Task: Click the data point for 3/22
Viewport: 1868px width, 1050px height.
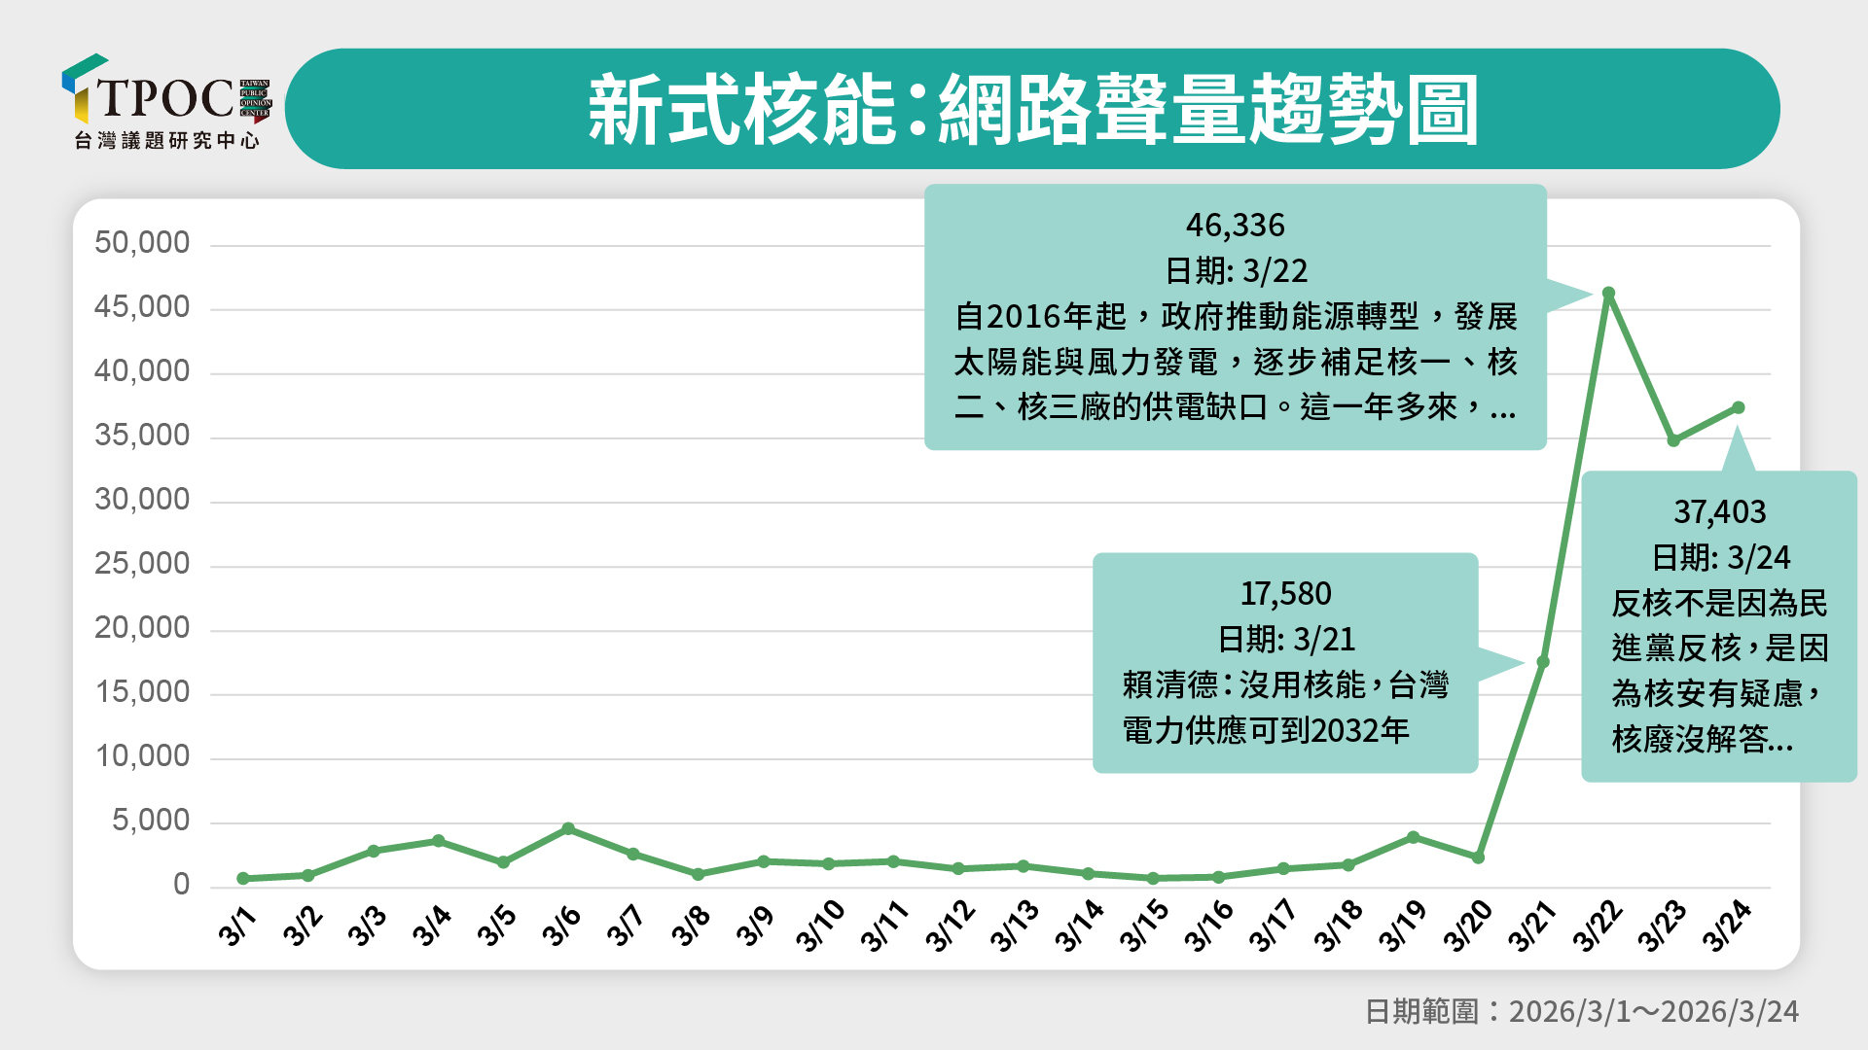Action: click(x=1608, y=293)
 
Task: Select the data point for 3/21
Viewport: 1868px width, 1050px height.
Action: click(x=1543, y=662)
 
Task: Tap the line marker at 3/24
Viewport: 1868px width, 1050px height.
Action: click(x=1739, y=407)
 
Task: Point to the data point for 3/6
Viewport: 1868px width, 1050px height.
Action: click(x=568, y=828)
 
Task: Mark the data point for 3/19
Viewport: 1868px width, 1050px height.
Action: click(x=1413, y=837)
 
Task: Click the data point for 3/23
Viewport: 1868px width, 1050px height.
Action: click(x=1673, y=440)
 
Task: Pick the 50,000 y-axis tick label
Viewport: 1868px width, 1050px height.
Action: click(x=142, y=243)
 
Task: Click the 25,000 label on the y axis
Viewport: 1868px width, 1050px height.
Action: click(x=142, y=564)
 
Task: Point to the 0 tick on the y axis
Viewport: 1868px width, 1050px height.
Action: click(x=181, y=885)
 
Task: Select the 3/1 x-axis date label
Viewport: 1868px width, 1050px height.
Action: click(x=237, y=927)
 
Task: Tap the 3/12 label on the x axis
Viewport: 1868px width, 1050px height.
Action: click(x=950, y=927)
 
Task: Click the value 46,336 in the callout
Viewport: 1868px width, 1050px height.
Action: click(x=1235, y=226)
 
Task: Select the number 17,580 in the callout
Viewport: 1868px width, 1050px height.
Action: click(x=1285, y=593)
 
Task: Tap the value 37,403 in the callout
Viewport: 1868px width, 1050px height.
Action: click(x=1719, y=511)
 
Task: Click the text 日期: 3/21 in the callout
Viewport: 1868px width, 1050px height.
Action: click(x=1285, y=639)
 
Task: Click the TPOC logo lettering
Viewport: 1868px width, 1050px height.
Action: click(x=165, y=97)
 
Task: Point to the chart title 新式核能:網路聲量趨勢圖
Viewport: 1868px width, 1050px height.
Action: click(x=1032, y=110)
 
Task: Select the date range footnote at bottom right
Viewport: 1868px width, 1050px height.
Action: click(x=1581, y=1011)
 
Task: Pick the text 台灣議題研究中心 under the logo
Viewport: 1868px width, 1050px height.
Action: click(x=167, y=141)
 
